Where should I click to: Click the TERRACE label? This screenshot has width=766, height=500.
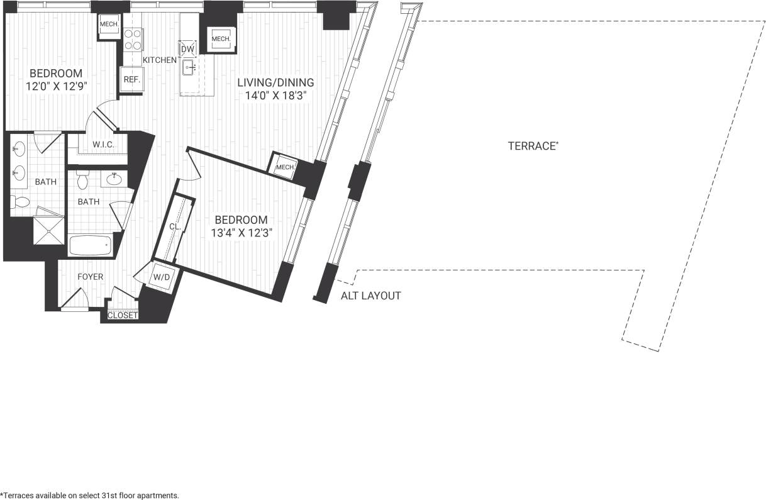point(533,146)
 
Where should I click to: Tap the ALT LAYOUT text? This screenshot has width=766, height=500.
point(370,296)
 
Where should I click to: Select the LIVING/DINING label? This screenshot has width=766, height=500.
point(275,82)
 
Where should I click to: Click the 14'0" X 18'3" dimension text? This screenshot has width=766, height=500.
point(275,96)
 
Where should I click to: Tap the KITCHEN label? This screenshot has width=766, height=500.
point(159,60)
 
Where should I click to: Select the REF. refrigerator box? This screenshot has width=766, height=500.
point(131,80)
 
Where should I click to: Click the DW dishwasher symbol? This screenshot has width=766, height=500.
point(187,49)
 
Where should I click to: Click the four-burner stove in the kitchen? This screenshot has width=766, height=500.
point(133,39)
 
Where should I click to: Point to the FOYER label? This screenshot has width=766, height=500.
point(91,277)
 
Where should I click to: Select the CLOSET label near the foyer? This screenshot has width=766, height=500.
point(123,315)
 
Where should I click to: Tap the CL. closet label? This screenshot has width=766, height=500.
point(174,226)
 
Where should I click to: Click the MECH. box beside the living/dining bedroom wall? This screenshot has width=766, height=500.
point(285,167)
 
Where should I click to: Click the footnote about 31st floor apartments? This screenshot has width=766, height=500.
point(90,495)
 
